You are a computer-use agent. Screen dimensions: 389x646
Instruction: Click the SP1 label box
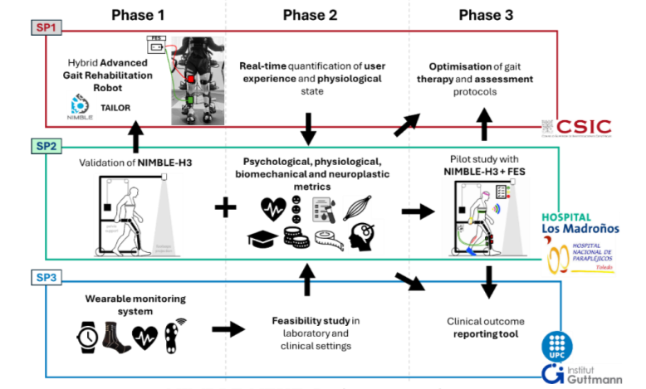(x=43, y=28)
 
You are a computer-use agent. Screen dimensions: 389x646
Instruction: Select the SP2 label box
(x=43, y=146)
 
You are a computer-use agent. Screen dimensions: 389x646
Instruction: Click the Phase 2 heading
(x=310, y=14)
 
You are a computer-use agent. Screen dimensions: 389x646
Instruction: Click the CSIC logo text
(x=583, y=127)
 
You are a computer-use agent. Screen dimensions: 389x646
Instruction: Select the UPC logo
(x=556, y=343)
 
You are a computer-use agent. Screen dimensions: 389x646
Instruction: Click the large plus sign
(x=223, y=207)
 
